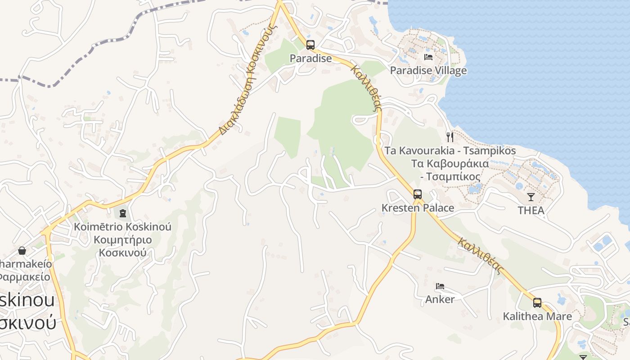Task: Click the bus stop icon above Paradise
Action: coord(310,45)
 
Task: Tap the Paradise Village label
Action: coord(428,71)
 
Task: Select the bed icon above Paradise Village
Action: coord(428,57)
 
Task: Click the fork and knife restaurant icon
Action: coord(450,136)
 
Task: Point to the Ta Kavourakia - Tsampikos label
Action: coord(450,151)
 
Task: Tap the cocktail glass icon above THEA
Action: coord(531,197)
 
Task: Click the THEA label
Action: coord(531,210)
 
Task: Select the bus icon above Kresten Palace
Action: coord(418,194)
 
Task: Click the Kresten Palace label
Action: coord(418,208)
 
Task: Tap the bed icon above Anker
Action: coord(440,286)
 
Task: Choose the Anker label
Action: coord(440,299)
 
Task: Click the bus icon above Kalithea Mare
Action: coord(537,303)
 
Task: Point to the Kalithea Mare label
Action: coord(537,316)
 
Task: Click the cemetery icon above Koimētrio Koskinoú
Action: coord(123,213)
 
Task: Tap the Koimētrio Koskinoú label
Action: coord(123,227)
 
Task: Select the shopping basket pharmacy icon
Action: coord(22,251)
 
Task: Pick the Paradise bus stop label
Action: coord(310,58)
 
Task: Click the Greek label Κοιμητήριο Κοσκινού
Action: coord(123,246)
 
